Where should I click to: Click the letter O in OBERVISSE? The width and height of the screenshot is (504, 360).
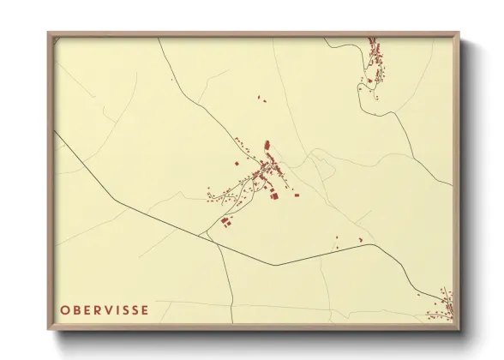point(66,309)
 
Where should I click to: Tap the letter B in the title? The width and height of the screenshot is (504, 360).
point(77,309)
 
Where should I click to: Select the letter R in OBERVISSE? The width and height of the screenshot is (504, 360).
point(98,309)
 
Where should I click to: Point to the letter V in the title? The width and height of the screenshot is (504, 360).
point(109,309)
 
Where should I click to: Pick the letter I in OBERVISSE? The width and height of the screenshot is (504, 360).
point(118,309)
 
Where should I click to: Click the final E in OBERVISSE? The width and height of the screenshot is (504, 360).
point(146,309)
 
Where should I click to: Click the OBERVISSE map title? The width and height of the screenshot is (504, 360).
point(105,309)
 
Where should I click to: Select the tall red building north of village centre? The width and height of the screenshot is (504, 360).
point(267,146)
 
